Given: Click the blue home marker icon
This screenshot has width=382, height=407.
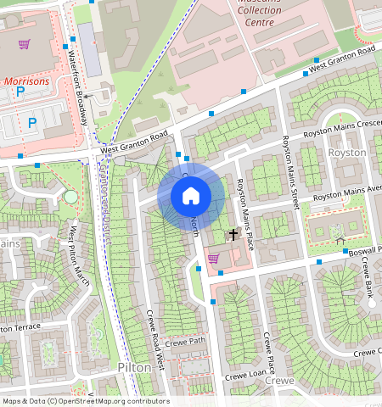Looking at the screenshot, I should [x=191, y=196].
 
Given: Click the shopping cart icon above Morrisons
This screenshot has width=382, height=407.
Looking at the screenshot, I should [x=25, y=44].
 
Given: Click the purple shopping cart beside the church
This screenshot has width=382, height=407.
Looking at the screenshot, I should [x=212, y=259].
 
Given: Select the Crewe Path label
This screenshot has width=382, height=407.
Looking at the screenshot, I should [x=186, y=342].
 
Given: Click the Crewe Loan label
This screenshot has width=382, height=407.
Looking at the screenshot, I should [x=244, y=375].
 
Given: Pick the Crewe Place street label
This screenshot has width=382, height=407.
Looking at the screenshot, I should [x=268, y=355].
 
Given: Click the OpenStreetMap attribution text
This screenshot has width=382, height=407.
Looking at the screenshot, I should [x=85, y=401].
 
